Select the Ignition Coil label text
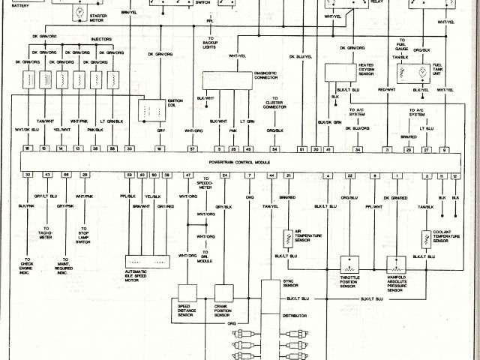(x=175, y=103)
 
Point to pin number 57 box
(x=193, y=150)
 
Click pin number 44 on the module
(x=271, y=175)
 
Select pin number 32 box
(x=28, y=175)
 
